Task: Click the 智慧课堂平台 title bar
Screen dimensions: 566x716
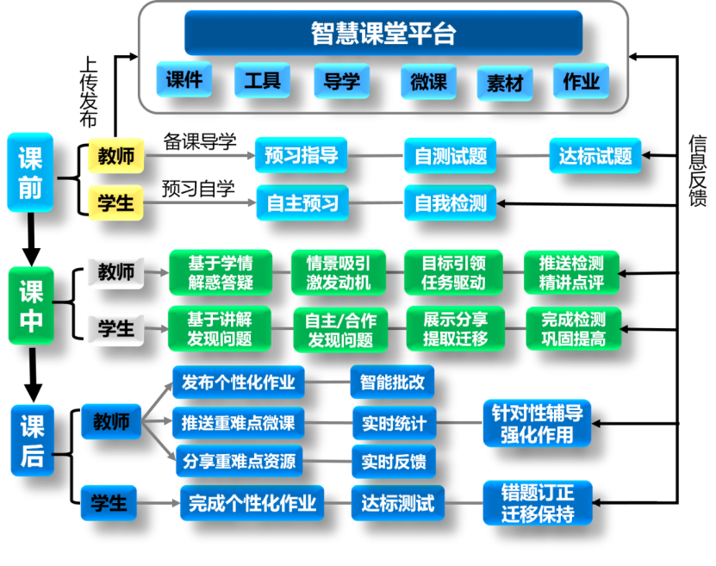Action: pyautogui.click(x=383, y=34)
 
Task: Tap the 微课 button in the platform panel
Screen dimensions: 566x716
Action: pyautogui.click(x=428, y=82)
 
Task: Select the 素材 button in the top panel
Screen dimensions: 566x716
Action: pyautogui.click(x=505, y=84)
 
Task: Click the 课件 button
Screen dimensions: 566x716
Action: pyautogui.click(x=184, y=80)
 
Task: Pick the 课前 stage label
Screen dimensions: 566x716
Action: pyautogui.click(x=30, y=172)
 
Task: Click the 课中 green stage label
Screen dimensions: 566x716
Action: pyautogui.click(x=31, y=306)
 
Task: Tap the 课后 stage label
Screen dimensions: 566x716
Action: pyautogui.click(x=32, y=440)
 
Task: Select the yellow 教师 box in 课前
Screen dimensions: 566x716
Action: pyautogui.click(x=115, y=156)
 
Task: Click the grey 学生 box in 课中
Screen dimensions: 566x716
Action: pyautogui.click(x=115, y=328)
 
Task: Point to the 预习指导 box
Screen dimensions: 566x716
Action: pyautogui.click(x=300, y=155)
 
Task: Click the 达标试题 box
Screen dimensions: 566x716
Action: pyautogui.click(x=595, y=156)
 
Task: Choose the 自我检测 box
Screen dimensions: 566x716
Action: pyautogui.click(x=450, y=203)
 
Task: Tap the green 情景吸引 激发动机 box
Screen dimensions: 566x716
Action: pyautogui.click(x=338, y=272)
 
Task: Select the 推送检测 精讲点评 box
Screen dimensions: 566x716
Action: pyautogui.click(x=570, y=272)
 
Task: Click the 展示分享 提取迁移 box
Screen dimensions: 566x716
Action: pyautogui.click(x=455, y=328)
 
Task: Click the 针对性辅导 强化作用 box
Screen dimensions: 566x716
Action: pyautogui.click(x=537, y=423)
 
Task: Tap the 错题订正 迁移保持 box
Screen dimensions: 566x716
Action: pyautogui.click(x=537, y=503)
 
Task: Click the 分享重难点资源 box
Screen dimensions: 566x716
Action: pyautogui.click(x=238, y=462)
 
